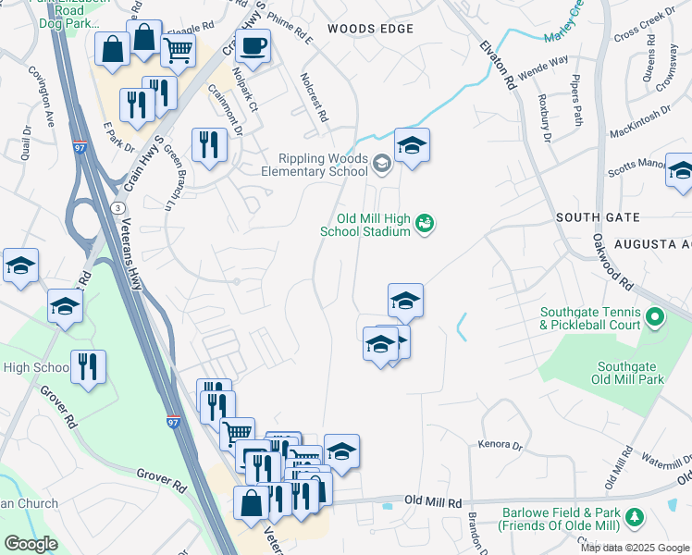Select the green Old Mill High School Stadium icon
click(426, 223)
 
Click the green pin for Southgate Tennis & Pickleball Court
click(656, 319)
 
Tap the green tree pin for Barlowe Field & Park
click(634, 516)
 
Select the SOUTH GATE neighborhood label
click(598, 216)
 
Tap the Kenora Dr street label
click(500, 445)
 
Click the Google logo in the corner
click(31, 544)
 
